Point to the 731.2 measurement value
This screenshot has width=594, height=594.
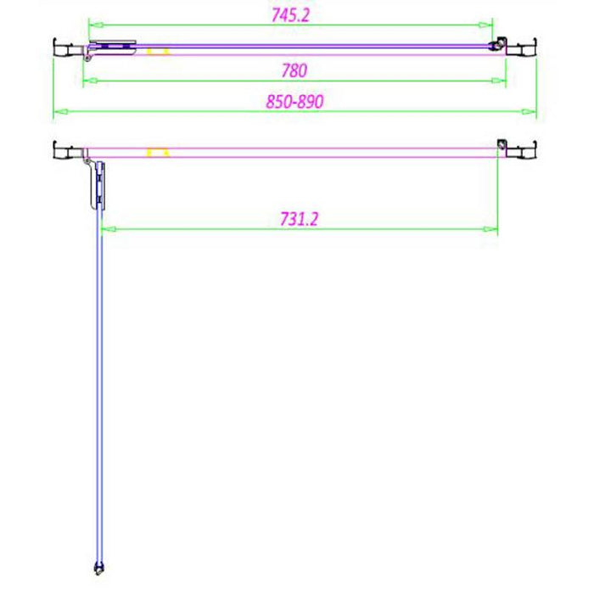coord(298,218)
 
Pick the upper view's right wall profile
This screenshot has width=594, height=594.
coord(525,48)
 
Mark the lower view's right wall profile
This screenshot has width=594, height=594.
coord(525,150)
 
